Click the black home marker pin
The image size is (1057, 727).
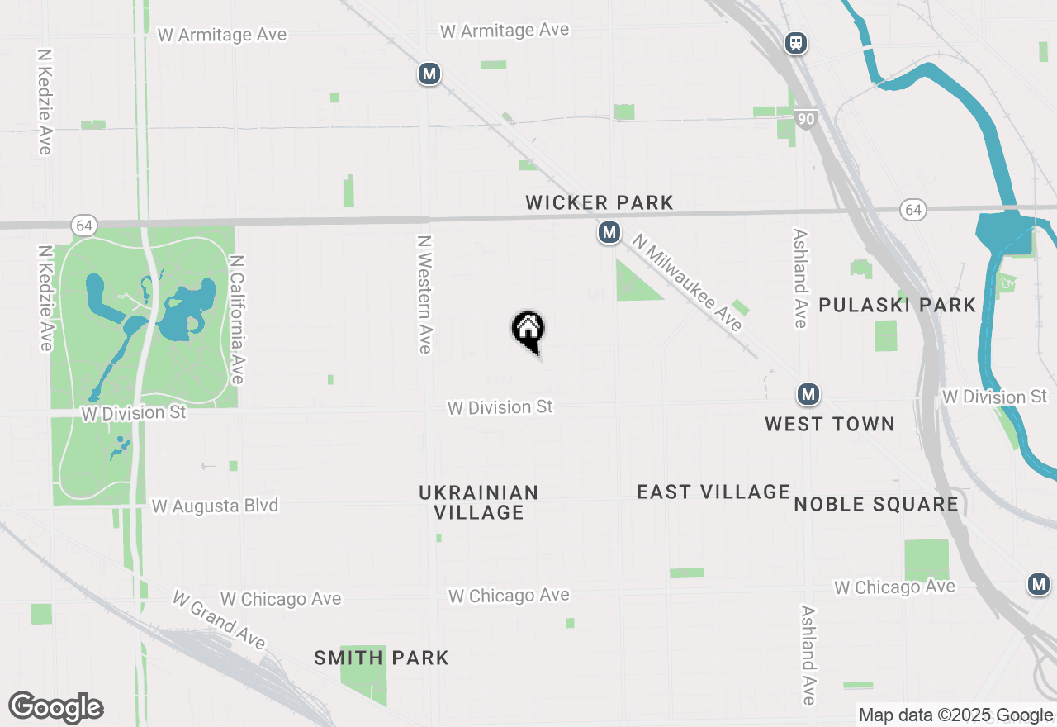point(528,330)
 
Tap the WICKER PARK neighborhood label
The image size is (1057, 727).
point(600,202)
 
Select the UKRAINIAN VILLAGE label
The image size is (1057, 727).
point(479,502)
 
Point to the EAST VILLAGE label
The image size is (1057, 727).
point(713,492)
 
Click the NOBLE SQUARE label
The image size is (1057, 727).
point(876,504)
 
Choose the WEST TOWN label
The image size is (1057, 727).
point(830,424)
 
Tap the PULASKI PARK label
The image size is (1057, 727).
point(898,305)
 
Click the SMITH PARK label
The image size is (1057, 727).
point(382,658)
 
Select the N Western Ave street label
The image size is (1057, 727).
point(424,294)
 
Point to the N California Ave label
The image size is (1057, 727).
point(238,319)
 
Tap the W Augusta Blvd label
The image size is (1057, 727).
point(215,506)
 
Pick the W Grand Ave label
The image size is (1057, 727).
point(219,620)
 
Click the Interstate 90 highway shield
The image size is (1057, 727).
point(807,120)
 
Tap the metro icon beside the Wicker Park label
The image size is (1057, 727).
point(609,233)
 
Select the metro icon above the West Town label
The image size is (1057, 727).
point(808,394)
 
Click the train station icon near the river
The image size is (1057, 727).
point(796,43)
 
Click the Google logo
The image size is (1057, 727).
point(55,707)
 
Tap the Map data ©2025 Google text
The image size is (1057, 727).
point(955,715)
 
